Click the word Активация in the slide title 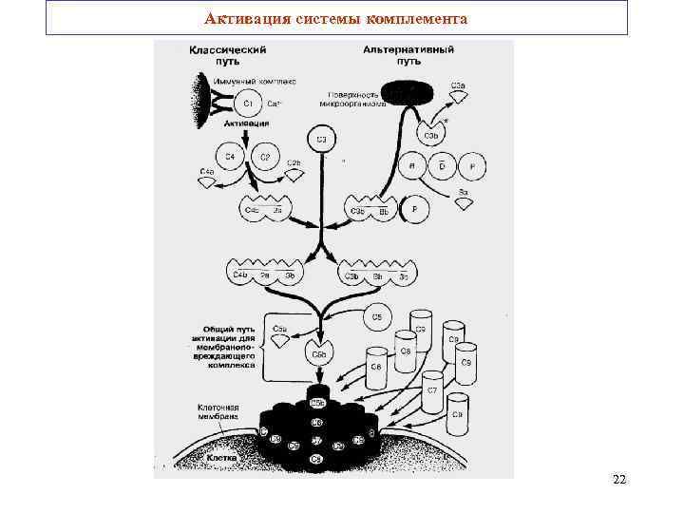pos(239,18)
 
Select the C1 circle pos(249,103)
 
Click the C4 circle pos(229,156)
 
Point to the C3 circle pos(321,141)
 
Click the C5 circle pos(377,316)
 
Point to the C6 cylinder pos(376,367)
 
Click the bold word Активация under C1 pos(240,123)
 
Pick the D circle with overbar pos(441,166)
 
